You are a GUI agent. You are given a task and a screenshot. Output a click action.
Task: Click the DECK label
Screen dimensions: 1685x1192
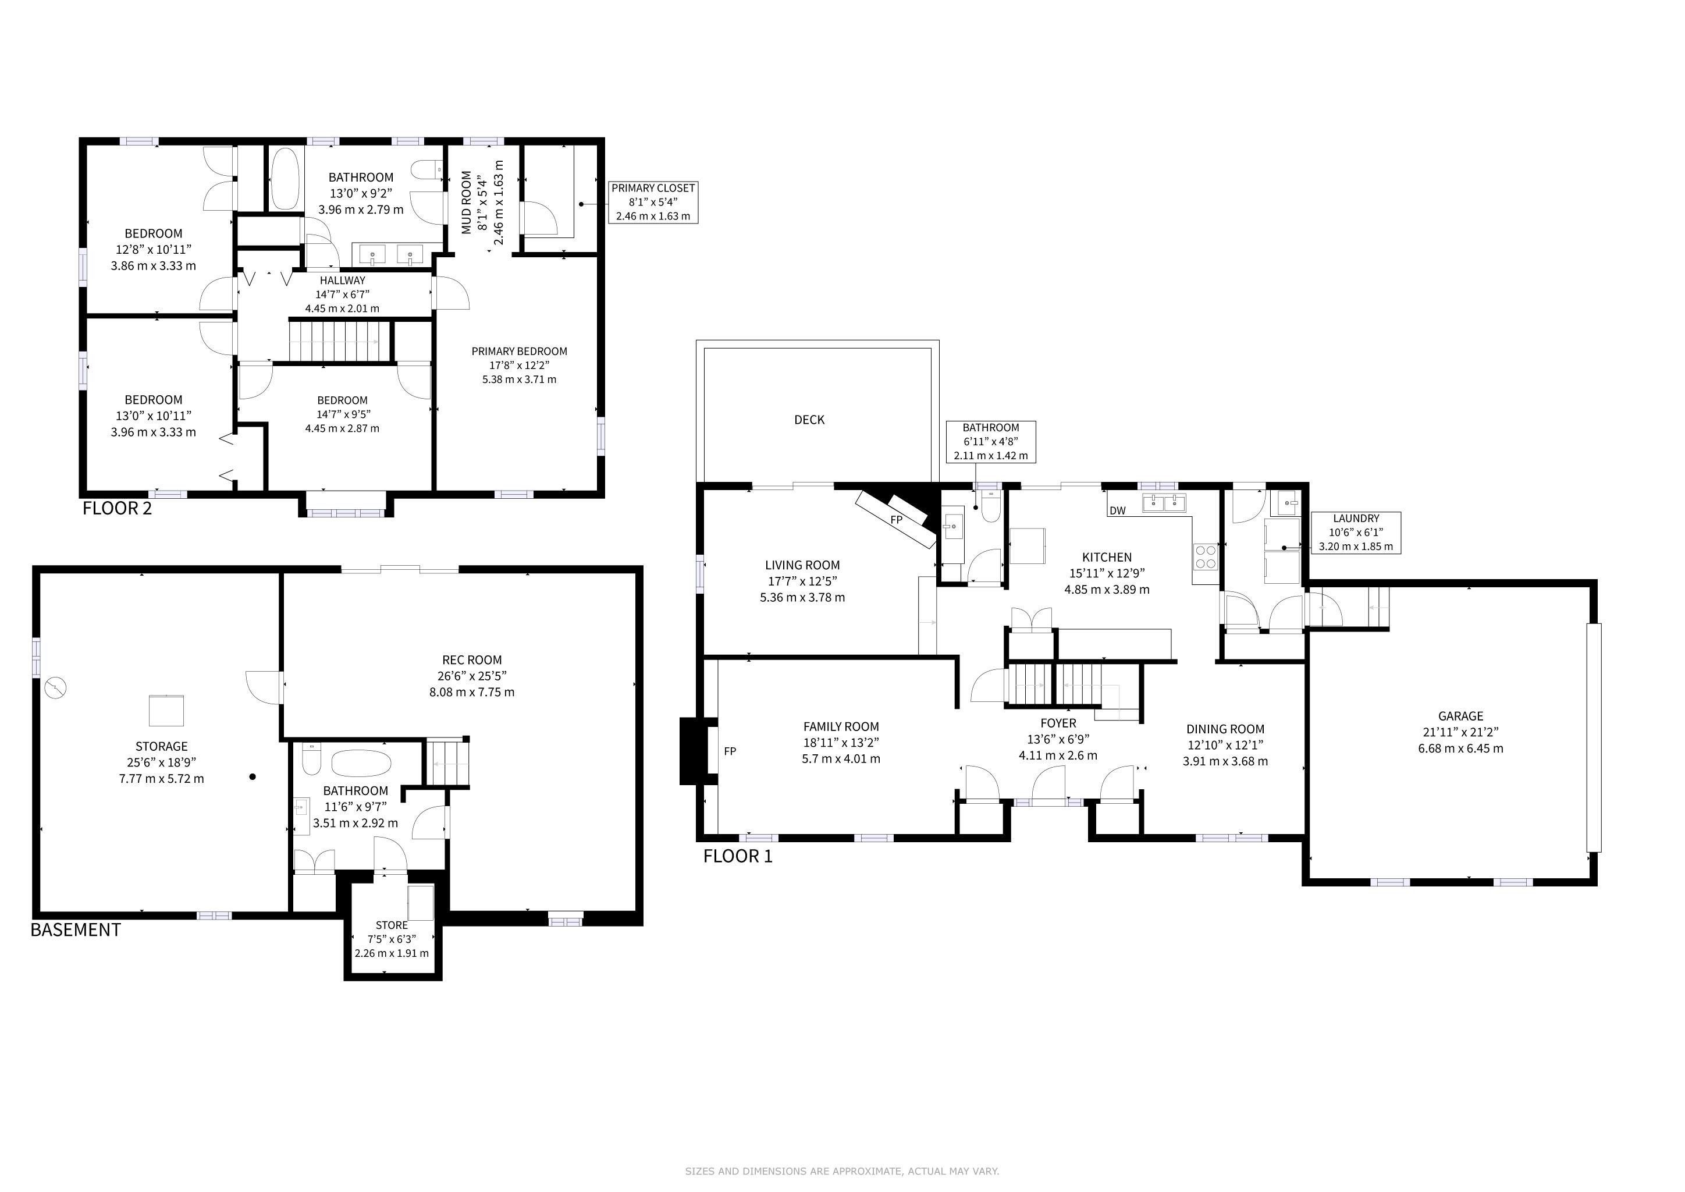pos(809,420)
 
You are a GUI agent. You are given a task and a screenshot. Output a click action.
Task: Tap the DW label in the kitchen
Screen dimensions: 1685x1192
pos(1118,511)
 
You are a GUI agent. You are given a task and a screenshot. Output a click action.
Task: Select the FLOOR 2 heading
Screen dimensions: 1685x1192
pos(118,508)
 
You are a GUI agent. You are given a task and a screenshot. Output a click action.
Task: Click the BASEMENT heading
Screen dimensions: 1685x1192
pos(76,930)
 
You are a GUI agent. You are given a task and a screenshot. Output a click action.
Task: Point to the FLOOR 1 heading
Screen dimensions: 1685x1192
pos(738,856)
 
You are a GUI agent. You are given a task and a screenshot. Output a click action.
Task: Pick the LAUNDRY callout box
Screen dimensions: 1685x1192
pos(1356,533)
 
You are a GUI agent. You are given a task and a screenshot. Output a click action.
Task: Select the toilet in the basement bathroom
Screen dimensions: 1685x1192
pos(312,758)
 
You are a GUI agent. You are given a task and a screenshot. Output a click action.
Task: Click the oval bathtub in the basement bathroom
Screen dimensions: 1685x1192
pos(361,764)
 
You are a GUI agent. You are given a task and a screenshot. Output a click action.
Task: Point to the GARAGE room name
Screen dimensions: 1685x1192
pos(1460,716)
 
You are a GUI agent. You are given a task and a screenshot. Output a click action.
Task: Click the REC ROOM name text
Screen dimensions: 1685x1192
pos(472,660)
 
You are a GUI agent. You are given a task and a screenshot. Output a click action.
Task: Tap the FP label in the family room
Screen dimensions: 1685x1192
pos(730,751)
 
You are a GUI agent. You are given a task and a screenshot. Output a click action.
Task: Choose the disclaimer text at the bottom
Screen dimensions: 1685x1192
pos(842,1172)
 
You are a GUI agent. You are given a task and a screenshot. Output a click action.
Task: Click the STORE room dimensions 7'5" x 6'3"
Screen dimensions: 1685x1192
pos(392,939)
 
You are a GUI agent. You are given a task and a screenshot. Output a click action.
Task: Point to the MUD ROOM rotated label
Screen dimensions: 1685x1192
pos(466,203)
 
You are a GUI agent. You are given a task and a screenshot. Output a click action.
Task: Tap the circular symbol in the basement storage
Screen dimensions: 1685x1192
pos(56,689)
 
